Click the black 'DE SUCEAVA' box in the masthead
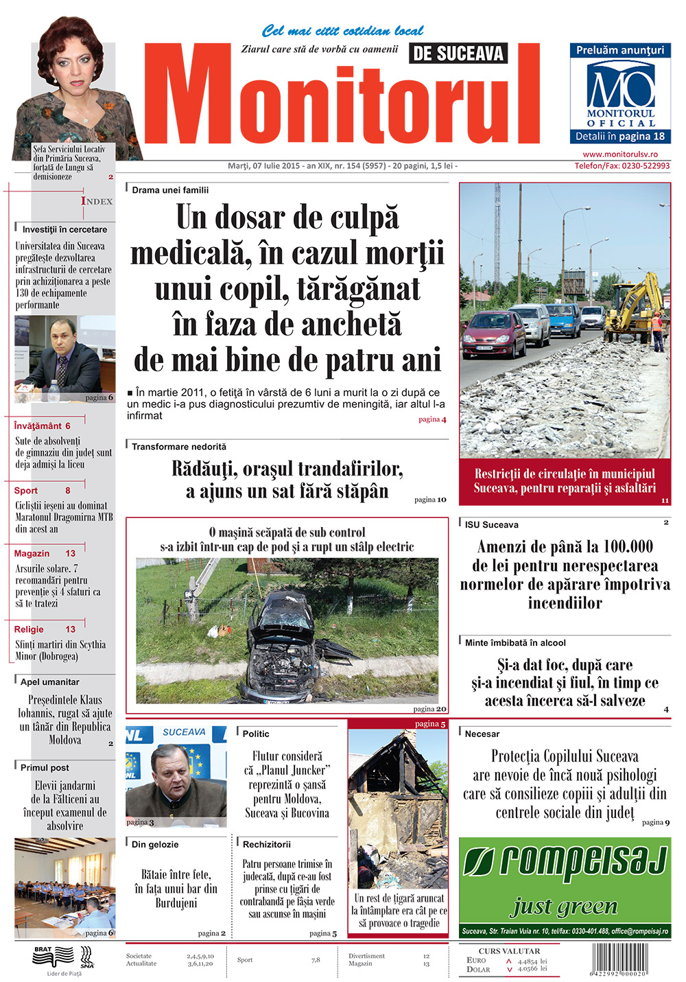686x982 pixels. coord(458,54)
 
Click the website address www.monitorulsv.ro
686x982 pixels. coord(620,154)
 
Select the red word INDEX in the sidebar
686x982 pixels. coord(97,201)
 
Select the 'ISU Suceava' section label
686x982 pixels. coord(491,525)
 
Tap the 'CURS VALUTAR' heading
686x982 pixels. coord(509,951)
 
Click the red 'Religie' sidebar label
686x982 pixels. coord(29,629)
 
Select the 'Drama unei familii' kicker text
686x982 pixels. coord(170,190)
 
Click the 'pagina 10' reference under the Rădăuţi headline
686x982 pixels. coord(430,500)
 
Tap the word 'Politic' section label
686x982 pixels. coord(256,734)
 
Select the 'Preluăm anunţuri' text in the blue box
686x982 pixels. coord(619,50)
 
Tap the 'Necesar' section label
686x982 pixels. coord(482,734)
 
